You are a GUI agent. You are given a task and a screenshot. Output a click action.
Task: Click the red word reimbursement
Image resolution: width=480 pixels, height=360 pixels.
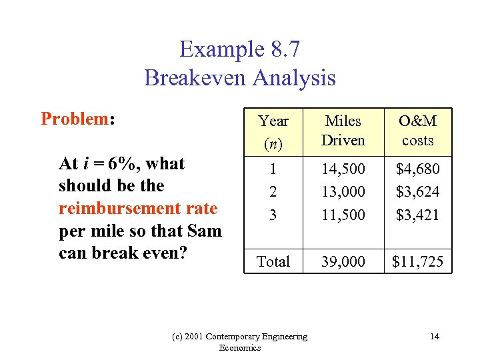108,208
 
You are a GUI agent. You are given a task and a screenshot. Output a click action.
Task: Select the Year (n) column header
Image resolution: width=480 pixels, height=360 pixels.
273,131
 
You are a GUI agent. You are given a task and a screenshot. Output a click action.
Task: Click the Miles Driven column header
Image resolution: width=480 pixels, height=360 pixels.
343,131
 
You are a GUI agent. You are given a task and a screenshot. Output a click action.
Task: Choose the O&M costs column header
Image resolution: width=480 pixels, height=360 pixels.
417,131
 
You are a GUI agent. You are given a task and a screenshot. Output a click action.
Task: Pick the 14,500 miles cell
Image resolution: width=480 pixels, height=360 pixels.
343,169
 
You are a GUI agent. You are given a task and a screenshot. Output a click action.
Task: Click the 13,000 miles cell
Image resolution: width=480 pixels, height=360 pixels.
343,192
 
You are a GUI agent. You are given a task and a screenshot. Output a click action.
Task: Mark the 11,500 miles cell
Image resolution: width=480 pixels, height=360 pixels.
343,215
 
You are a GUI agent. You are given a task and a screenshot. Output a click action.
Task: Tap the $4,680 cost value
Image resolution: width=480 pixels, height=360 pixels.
417,169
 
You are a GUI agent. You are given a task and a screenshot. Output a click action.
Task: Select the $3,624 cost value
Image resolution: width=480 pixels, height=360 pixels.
417,192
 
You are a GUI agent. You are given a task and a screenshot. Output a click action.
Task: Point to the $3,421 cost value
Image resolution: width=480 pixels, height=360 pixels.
417,215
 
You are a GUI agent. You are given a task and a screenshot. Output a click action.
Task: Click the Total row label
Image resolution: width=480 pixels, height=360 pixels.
273,261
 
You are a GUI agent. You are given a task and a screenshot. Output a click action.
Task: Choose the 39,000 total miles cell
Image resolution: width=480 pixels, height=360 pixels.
343,261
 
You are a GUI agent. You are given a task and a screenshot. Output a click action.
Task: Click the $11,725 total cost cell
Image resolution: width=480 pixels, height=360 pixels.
417,261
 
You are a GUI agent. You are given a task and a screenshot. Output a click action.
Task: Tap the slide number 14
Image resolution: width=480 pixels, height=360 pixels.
435,337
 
